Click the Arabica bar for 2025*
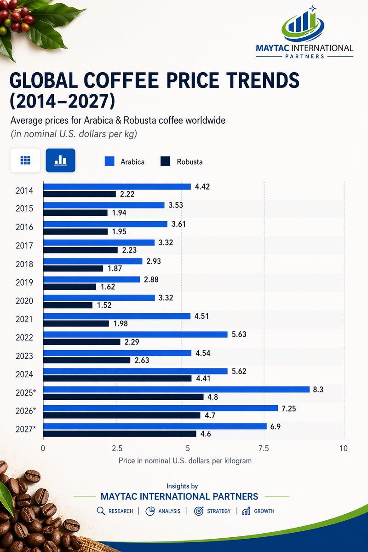click(x=176, y=389)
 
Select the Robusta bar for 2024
click(x=117, y=379)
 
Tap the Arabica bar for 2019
click(x=91, y=279)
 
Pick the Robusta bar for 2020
click(x=68, y=305)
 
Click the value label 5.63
click(x=240, y=334)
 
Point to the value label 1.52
click(x=104, y=305)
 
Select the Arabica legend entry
click(x=124, y=161)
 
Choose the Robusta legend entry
click(x=181, y=161)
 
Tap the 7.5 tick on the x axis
click(x=264, y=448)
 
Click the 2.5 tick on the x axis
click(x=117, y=448)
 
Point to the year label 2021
click(x=24, y=319)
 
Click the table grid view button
click(x=25, y=160)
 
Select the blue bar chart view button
click(x=60, y=160)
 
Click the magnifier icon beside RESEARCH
click(x=101, y=511)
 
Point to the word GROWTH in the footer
click(x=264, y=511)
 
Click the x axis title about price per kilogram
click(x=185, y=460)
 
